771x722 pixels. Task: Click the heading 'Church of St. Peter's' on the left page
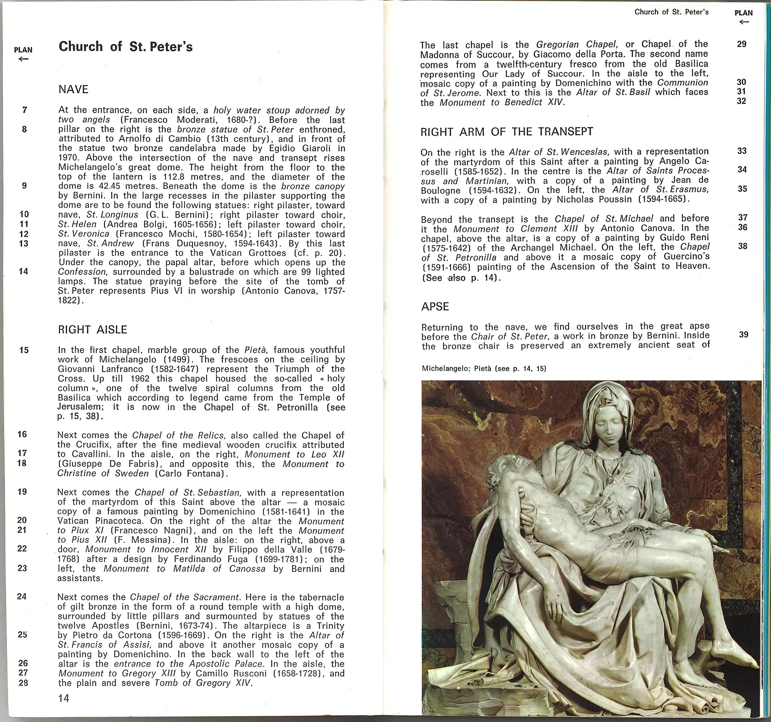point(126,47)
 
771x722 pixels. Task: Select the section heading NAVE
point(73,89)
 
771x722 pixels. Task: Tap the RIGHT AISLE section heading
point(92,330)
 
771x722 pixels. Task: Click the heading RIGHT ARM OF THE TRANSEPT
point(507,132)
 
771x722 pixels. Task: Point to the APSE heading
point(435,307)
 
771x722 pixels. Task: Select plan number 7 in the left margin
point(24,110)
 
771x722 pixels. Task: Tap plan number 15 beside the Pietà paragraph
point(24,350)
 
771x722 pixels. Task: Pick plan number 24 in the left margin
point(22,596)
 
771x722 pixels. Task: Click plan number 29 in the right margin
point(742,44)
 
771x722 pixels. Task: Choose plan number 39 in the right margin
point(743,334)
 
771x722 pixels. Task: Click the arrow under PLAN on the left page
point(23,59)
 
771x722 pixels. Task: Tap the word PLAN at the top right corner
point(743,13)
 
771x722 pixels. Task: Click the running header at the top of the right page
point(671,12)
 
